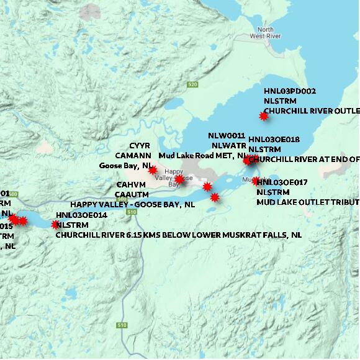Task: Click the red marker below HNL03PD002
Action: click(264, 115)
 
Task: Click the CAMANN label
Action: click(133, 155)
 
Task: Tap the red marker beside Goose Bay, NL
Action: click(153, 169)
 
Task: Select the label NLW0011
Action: click(227, 136)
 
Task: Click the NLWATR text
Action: click(229, 145)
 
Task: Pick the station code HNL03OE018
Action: click(274, 140)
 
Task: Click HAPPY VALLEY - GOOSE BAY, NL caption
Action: click(133, 204)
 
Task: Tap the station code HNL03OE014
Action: click(81, 215)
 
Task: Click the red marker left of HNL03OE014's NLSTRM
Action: click(55, 224)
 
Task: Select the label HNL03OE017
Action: click(283, 182)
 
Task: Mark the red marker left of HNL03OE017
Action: click(256, 181)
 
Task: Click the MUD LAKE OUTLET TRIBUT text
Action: click(308, 202)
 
